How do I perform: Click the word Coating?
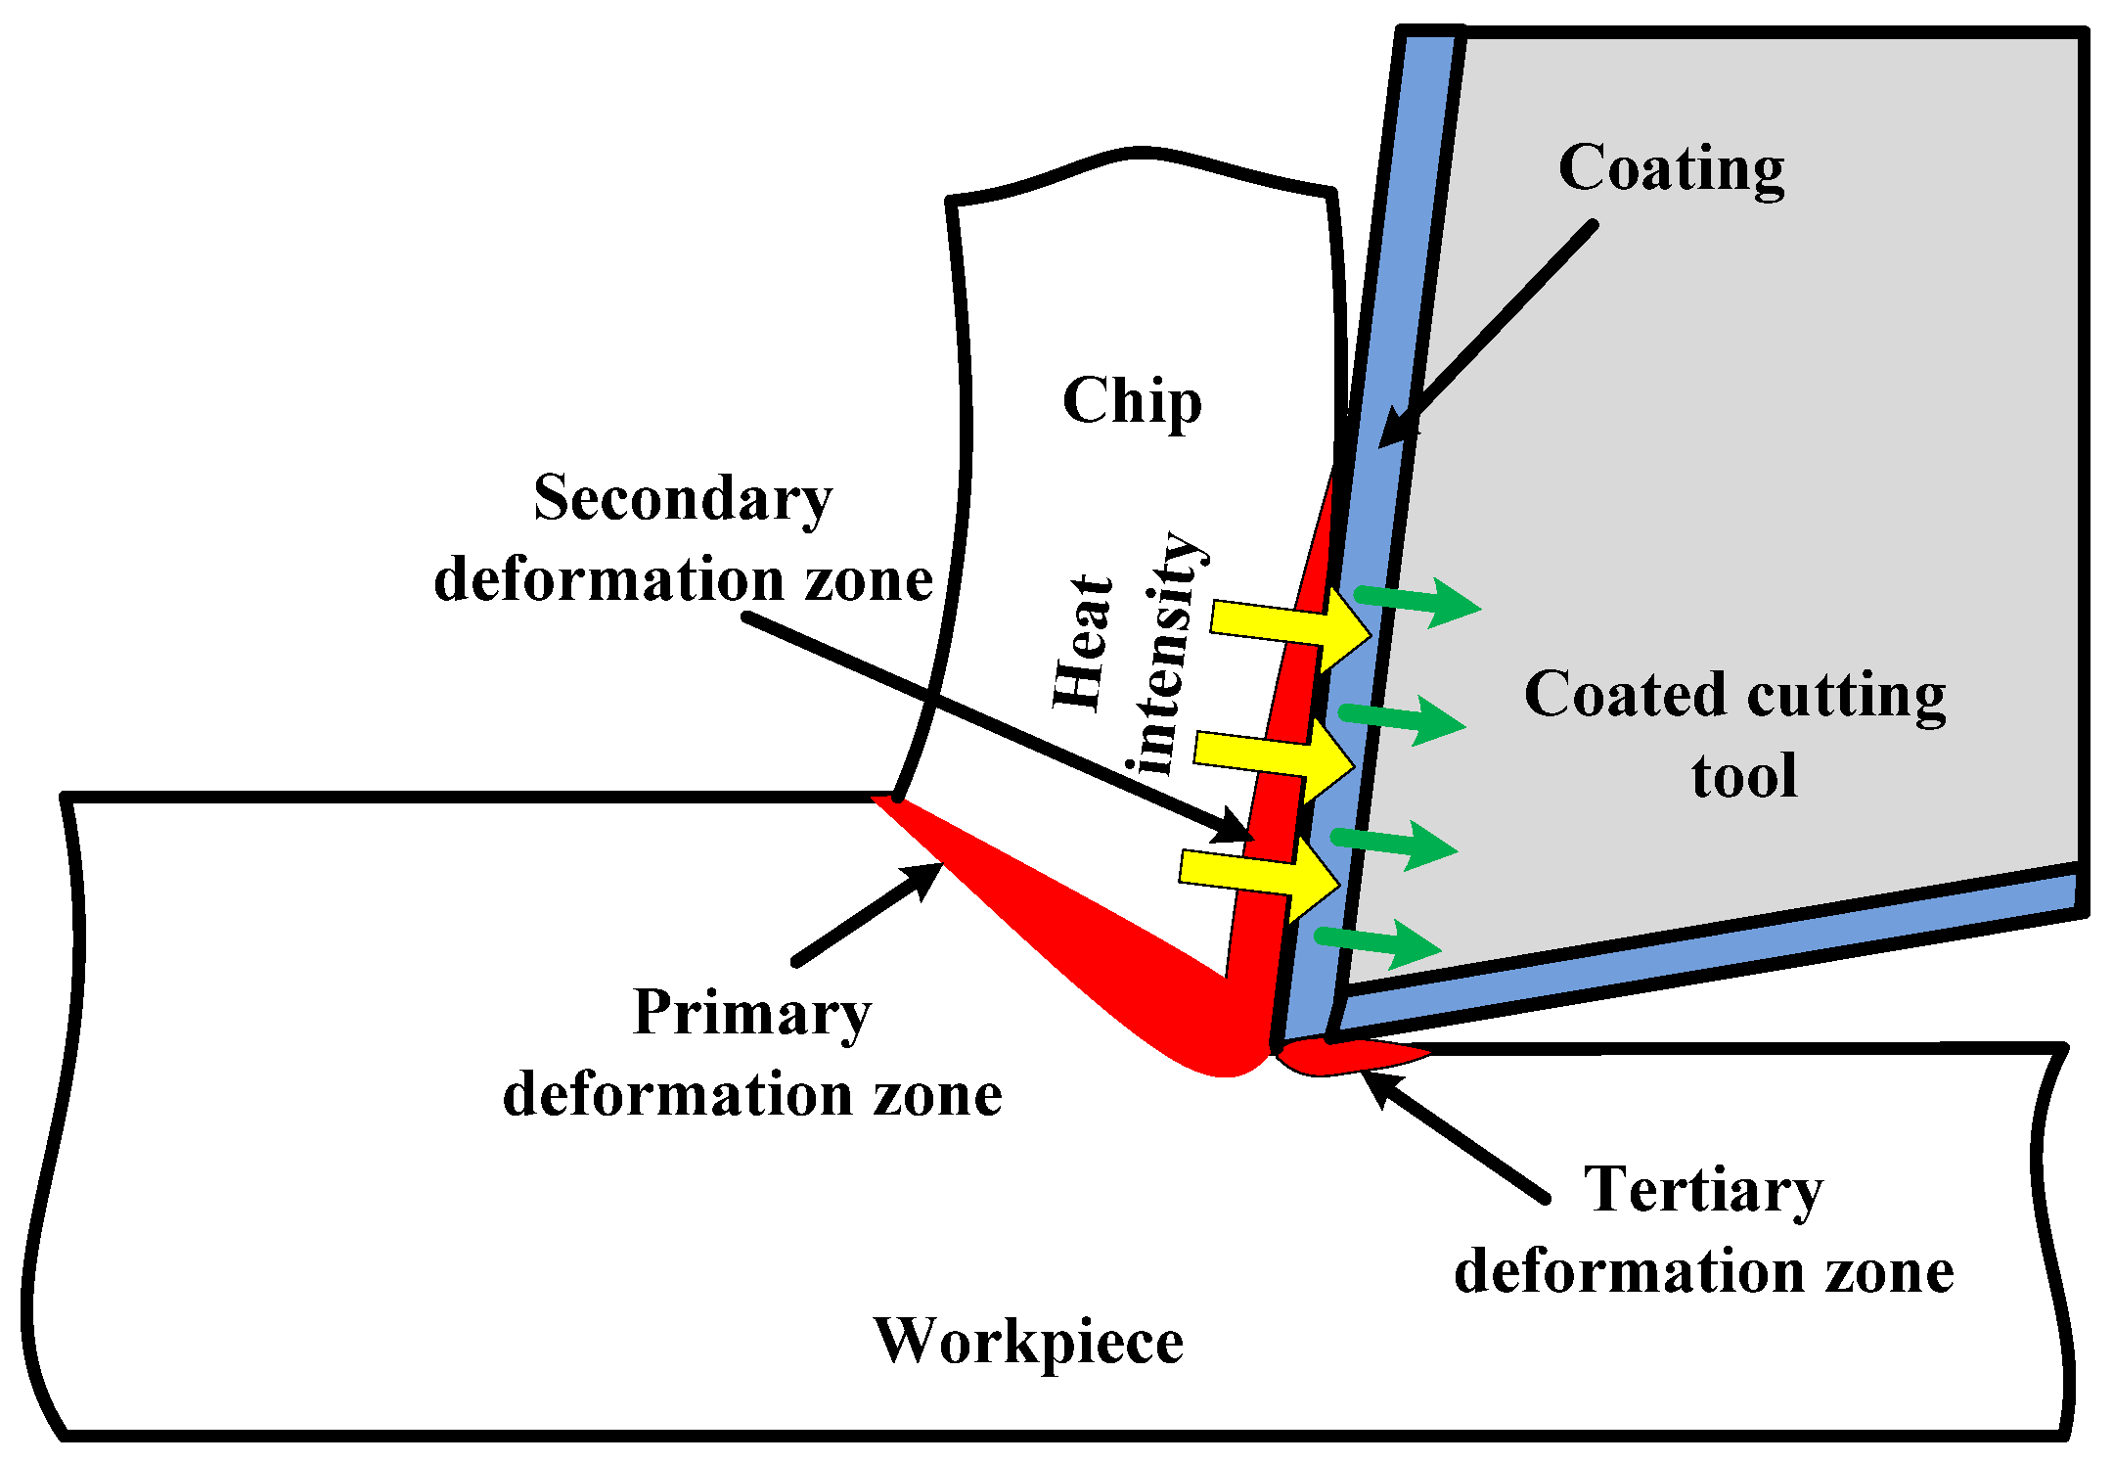point(1671,168)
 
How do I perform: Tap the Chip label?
point(1132,401)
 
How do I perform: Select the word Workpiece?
point(1028,1341)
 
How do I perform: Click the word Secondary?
point(683,499)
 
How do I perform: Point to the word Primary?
point(751,1013)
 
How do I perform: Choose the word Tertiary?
point(1703,1190)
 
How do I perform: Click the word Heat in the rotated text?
point(1082,642)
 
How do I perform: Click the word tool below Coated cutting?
point(1743,777)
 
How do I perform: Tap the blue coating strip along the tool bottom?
point(1702,953)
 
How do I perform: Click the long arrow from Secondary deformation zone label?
point(998,728)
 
